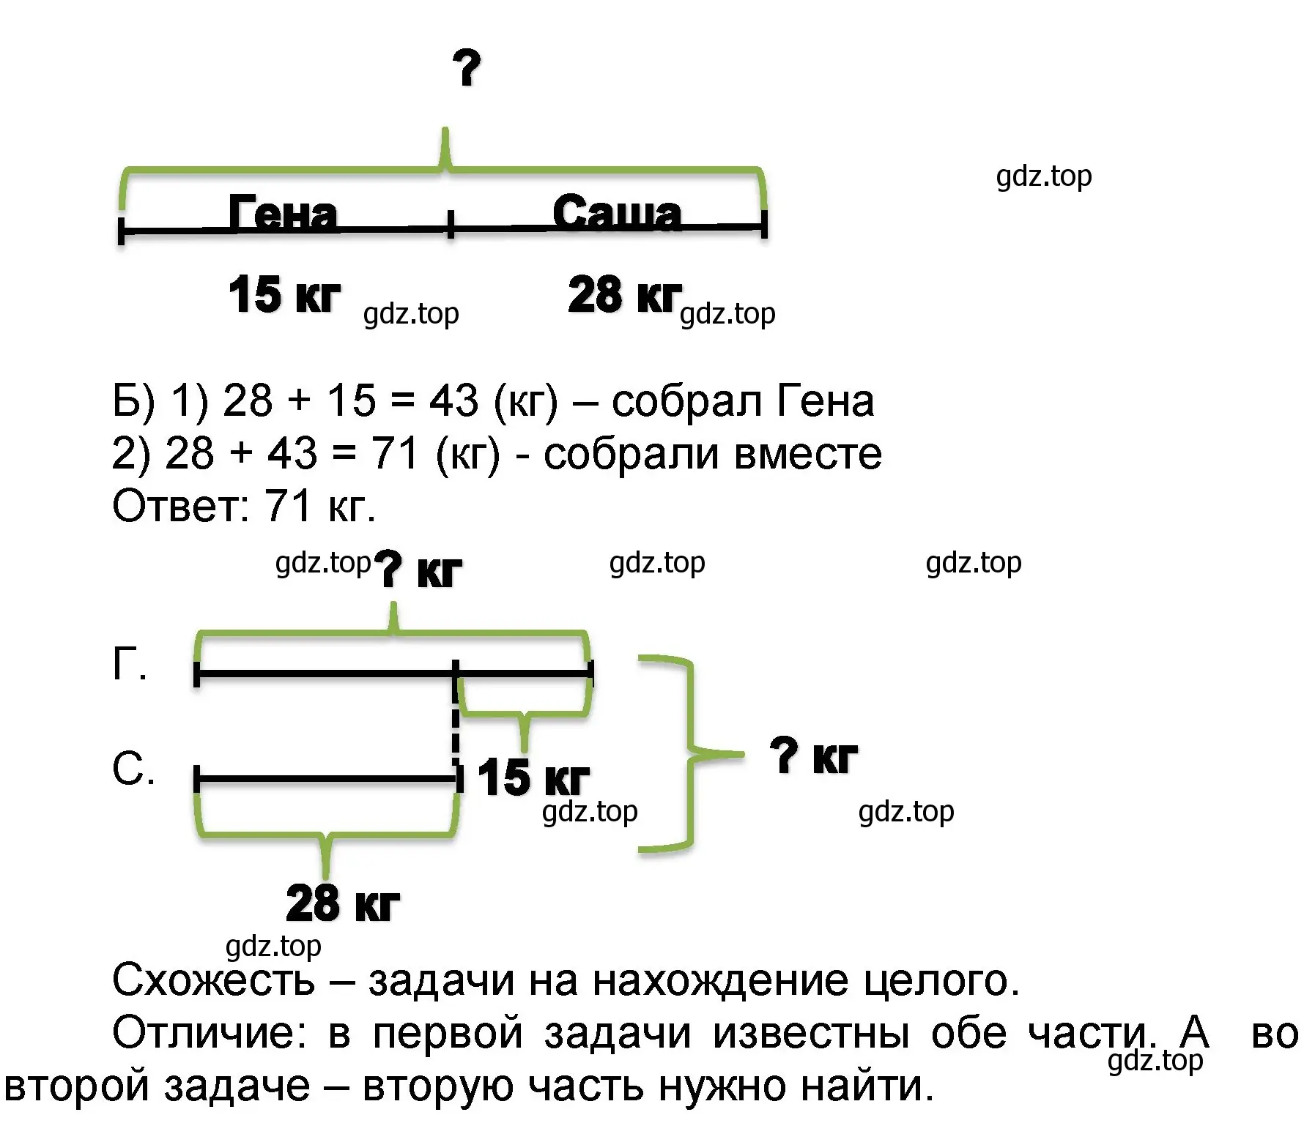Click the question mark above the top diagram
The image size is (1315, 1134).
pos(467,68)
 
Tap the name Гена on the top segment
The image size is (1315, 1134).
pos(283,213)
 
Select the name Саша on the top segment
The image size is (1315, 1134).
pos(617,212)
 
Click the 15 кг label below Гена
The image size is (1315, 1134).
pos(284,294)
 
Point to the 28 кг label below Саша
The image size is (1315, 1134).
pos(624,294)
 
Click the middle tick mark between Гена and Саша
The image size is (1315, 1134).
pos(451,223)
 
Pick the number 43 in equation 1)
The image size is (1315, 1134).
pos(453,400)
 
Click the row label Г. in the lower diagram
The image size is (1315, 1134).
pos(130,665)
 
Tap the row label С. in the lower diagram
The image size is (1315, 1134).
pos(133,769)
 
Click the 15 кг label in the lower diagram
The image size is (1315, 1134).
pos(533,777)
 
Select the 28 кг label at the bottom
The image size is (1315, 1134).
pos(343,903)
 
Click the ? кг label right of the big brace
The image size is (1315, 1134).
pos(813,756)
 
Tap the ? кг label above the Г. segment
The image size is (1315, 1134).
pos(418,570)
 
